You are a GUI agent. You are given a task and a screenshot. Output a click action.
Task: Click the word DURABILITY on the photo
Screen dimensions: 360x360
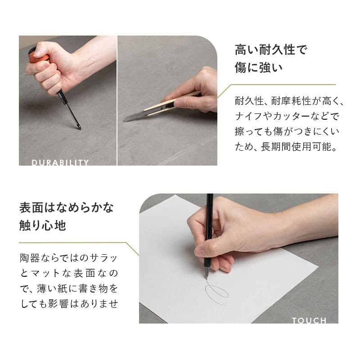[60, 162]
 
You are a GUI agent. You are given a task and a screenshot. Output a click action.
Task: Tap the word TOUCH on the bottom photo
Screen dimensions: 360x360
[309, 320]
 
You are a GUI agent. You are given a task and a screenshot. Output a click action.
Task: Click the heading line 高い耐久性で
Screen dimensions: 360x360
[271, 49]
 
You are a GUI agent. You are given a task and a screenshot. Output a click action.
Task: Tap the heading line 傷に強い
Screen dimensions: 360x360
[258, 68]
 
